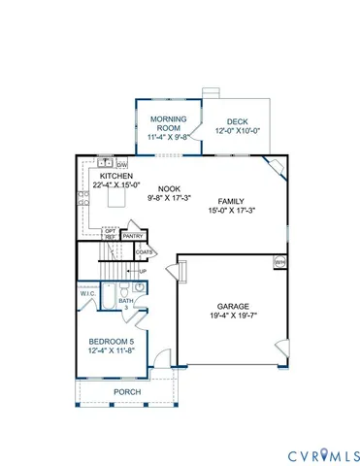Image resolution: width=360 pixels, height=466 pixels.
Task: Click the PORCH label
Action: [x=127, y=391]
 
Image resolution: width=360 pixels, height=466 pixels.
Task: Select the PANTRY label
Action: [x=134, y=234]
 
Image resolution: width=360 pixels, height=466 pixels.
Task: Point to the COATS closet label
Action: [x=145, y=251]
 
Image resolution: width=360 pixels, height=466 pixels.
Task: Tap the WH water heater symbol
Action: [x=279, y=261]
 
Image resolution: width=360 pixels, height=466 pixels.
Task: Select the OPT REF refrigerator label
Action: [x=111, y=233]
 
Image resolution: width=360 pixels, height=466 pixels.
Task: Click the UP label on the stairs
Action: [x=142, y=271]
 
